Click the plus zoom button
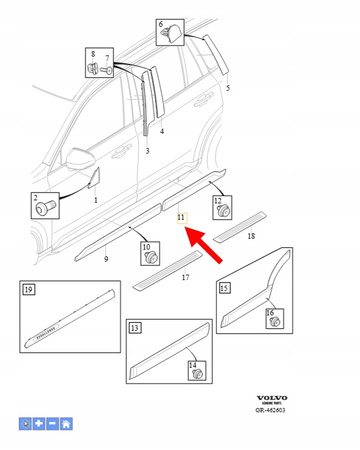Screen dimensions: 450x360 point(38,424)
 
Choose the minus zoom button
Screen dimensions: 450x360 point(51,424)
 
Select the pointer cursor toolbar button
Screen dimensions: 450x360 point(26,424)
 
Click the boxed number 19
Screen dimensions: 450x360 point(29,290)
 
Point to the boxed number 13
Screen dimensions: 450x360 point(133,328)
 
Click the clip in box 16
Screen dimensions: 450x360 point(269,320)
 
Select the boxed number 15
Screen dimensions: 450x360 point(225,289)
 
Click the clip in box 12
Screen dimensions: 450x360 point(224,212)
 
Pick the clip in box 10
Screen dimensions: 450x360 point(151,257)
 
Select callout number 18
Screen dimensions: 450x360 point(250,236)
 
